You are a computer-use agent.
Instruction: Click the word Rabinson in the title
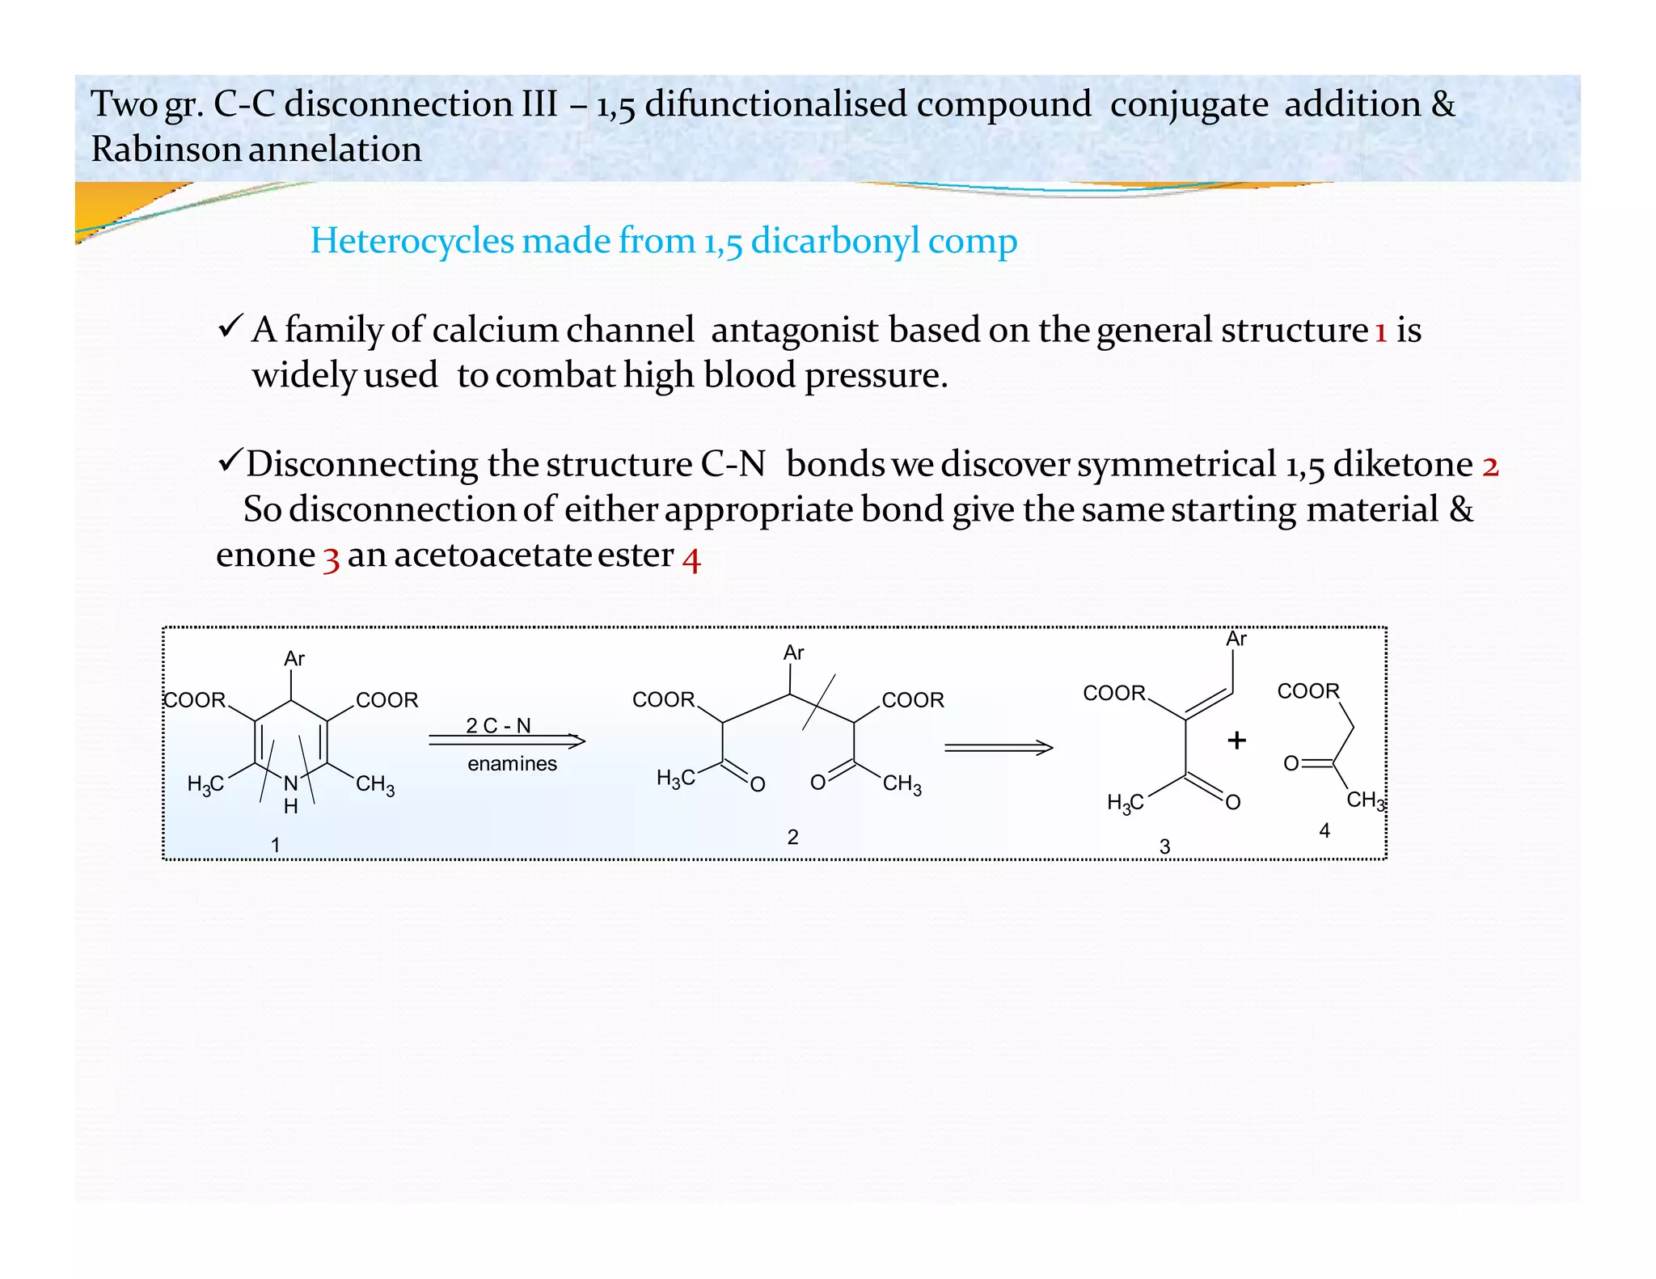click(x=166, y=150)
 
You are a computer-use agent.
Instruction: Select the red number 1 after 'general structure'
click(x=1381, y=331)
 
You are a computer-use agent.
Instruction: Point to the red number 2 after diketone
click(x=1490, y=466)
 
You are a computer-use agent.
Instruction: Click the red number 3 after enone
click(x=331, y=557)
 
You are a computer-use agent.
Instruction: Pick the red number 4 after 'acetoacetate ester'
click(x=691, y=557)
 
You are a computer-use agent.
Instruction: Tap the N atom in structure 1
click(x=290, y=783)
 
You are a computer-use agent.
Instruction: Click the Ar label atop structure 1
click(x=294, y=659)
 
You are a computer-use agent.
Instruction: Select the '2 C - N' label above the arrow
click(x=498, y=725)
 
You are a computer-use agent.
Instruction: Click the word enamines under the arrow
click(x=512, y=763)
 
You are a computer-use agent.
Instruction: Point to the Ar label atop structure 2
click(x=793, y=652)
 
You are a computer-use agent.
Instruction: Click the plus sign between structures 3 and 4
click(x=1236, y=740)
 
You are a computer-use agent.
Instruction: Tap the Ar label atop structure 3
click(x=1236, y=639)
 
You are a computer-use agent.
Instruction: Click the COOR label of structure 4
click(x=1307, y=691)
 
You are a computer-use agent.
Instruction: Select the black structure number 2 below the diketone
click(x=792, y=837)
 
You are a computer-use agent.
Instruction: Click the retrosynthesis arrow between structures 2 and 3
click(x=998, y=748)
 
